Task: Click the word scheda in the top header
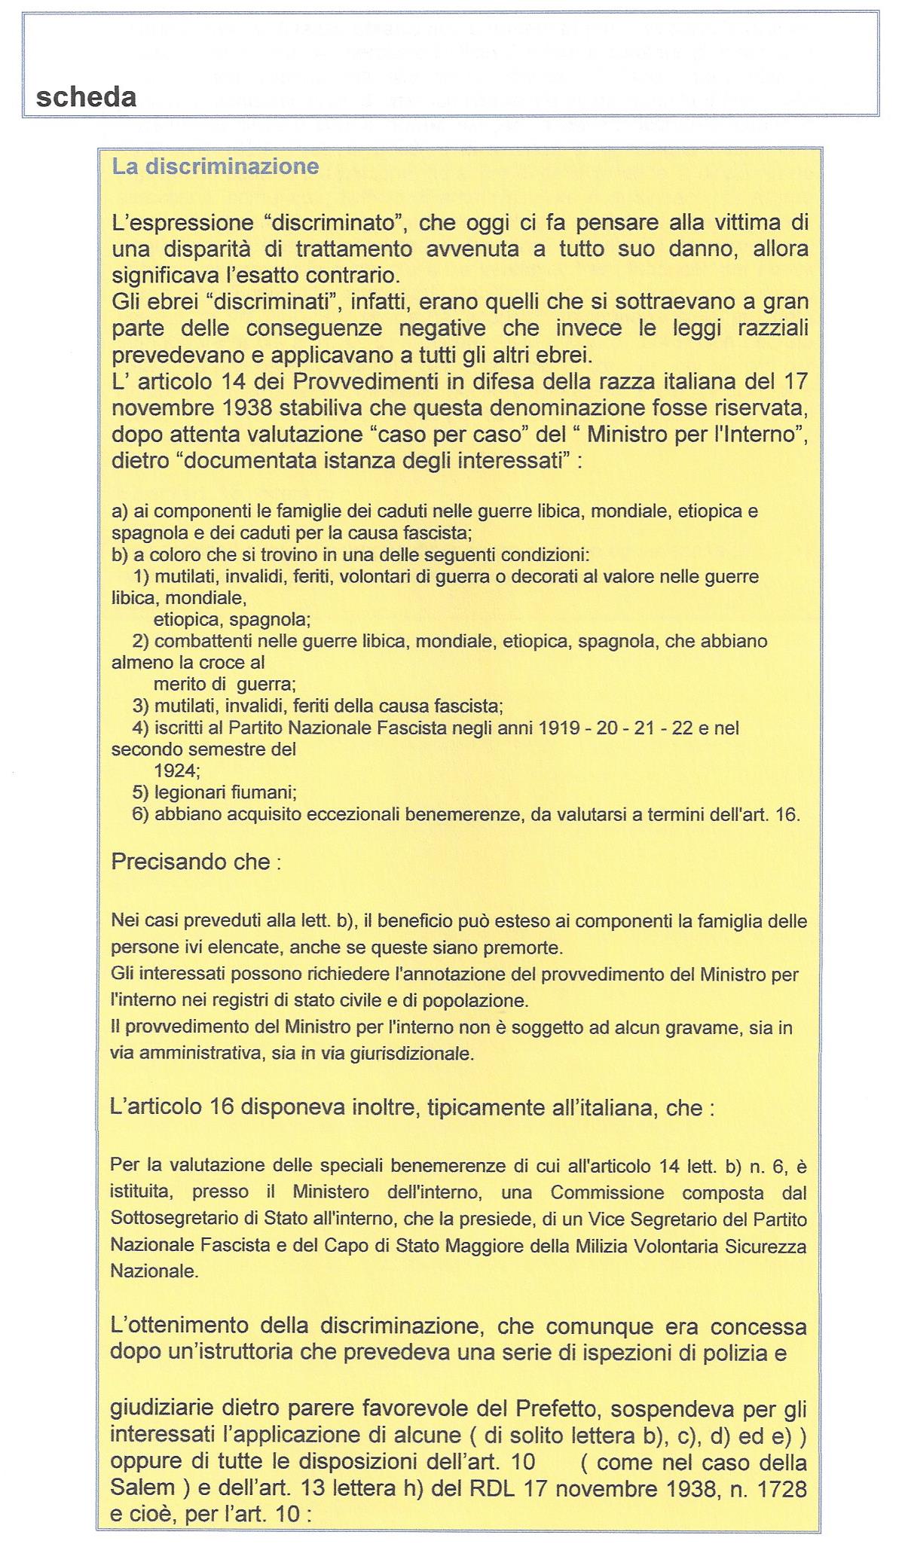[x=86, y=97]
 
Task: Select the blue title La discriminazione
[x=216, y=166]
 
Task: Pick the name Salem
[x=142, y=1489]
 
